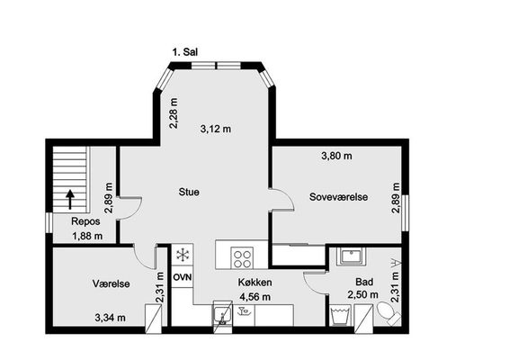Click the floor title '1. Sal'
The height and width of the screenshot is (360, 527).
[x=185, y=52]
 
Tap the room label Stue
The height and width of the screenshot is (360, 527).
[x=189, y=192]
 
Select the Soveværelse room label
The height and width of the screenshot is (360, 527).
[x=338, y=197]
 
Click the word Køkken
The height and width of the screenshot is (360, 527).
[x=255, y=283]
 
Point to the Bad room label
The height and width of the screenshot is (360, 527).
[x=364, y=282]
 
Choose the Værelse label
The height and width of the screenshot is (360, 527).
[x=111, y=283]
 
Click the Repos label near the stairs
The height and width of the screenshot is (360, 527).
[x=85, y=221]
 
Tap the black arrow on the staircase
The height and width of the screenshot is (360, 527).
[x=70, y=199]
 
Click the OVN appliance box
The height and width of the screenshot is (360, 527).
[x=183, y=277]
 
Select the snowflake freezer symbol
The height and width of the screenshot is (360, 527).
[x=183, y=255]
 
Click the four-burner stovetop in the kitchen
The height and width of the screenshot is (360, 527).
[x=242, y=257]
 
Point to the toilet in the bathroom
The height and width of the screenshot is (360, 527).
[x=389, y=313]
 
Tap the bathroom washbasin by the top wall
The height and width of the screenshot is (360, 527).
[x=352, y=256]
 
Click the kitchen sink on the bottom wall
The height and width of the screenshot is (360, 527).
[x=221, y=315]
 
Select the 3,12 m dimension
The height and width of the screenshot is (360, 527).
[x=216, y=129]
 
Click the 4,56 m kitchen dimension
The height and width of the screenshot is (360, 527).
[x=255, y=297]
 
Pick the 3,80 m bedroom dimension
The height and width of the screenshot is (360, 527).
[x=336, y=156]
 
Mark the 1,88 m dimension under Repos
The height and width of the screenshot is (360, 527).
[x=87, y=236]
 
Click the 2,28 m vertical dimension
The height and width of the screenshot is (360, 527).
[x=174, y=113]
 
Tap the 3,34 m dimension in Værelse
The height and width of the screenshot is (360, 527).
[x=111, y=318]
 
